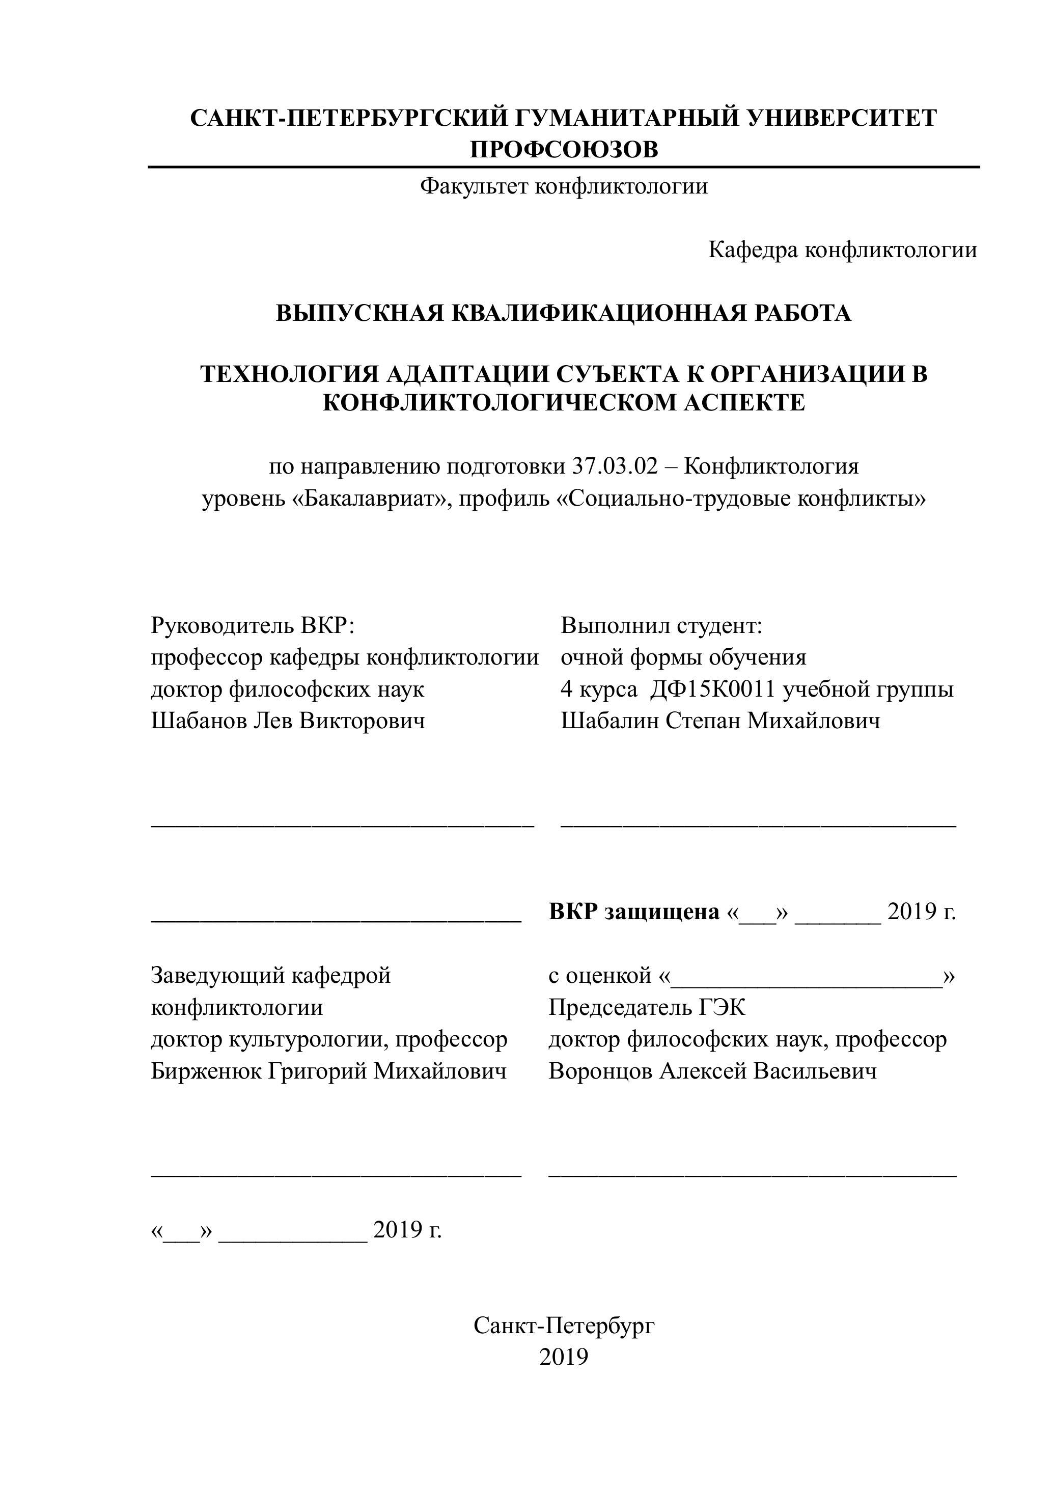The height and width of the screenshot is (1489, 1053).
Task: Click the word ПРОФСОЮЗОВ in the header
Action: click(564, 150)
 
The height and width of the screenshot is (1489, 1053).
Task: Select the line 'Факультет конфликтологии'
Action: click(564, 187)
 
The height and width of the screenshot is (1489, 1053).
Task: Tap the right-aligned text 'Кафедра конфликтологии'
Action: click(842, 250)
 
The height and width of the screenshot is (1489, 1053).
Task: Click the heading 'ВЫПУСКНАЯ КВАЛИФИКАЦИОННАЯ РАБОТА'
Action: click(564, 313)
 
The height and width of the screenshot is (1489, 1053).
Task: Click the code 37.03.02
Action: click(615, 466)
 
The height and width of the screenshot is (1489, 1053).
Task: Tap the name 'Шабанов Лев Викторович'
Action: click(288, 721)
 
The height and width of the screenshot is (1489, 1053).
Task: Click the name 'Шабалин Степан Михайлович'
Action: click(721, 721)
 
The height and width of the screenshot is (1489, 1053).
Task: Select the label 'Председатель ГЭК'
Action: click(647, 1007)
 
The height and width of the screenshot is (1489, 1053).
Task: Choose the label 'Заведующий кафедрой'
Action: click(270, 975)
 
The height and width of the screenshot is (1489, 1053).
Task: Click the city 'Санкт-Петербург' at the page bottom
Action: click(564, 1326)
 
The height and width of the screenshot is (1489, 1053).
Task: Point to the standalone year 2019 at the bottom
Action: click(564, 1357)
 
